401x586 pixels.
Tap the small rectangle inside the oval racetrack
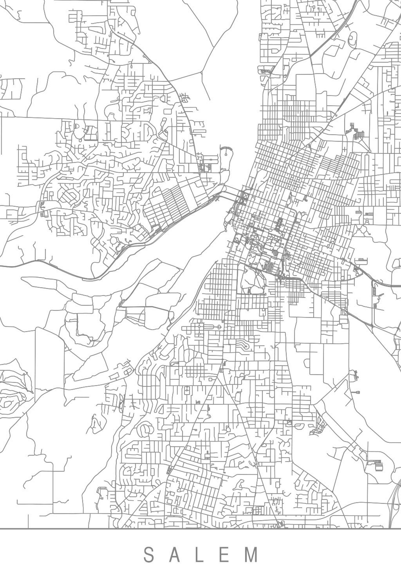[x=353, y=38]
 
